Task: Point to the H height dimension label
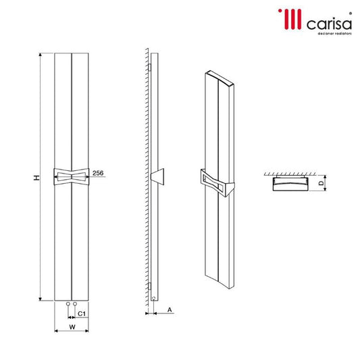37,176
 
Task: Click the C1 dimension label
81,314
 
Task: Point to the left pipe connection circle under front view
68,305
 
